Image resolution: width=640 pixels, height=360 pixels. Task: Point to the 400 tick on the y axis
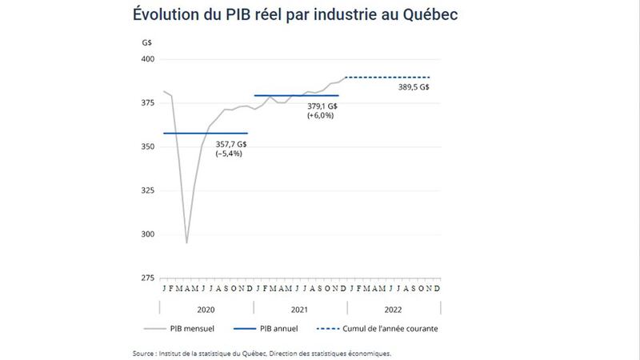(x=149, y=60)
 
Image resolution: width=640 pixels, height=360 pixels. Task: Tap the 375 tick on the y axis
(x=149, y=103)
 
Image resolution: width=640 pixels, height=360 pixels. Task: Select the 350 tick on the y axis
(x=149, y=147)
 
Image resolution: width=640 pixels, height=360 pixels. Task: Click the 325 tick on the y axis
(x=149, y=190)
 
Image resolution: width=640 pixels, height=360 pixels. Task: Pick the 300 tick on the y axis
(x=149, y=234)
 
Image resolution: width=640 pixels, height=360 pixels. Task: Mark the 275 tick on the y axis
(x=149, y=278)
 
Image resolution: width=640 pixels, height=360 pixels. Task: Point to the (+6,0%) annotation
(x=319, y=116)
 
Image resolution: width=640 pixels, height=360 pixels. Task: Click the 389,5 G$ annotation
(x=414, y=87)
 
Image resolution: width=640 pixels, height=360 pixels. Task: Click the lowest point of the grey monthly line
(x=186, y=242)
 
